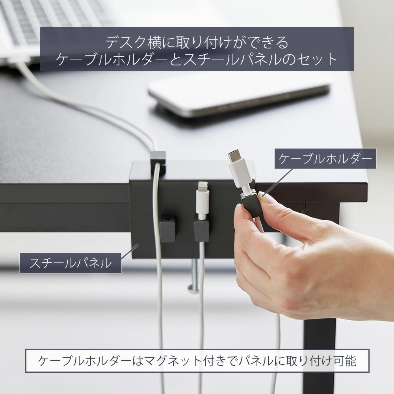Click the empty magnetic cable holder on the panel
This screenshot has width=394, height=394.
[167, 228]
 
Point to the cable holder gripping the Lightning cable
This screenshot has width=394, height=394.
[201, 229]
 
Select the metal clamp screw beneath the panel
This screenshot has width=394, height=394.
[194, 277]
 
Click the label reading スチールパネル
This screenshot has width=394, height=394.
[71, 263]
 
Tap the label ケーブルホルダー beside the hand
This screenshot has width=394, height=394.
[325, 158]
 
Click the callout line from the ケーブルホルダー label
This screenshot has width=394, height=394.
[277, 181]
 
